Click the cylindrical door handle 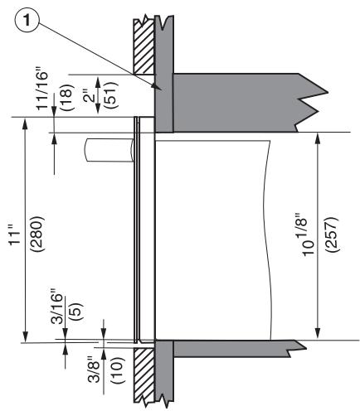(x=109, y=153)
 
